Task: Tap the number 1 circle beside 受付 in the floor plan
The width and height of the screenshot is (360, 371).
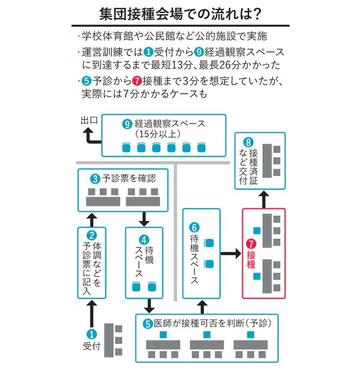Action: pos(92,334)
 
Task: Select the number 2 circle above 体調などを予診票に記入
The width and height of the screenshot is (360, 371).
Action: pos(92,235)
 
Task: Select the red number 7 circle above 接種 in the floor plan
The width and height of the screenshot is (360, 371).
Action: pos(251,243)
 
